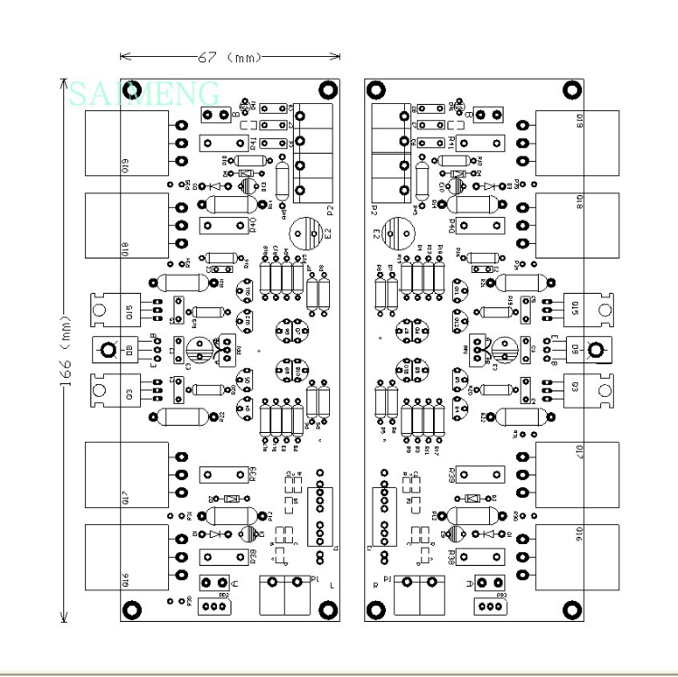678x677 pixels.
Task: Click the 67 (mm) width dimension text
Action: click(230, 58)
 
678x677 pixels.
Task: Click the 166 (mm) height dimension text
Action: click(65, 353)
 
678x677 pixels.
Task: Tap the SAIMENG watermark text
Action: click(145, 92)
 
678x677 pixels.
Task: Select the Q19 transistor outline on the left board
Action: click(127, 143)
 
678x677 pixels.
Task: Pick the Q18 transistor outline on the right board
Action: click(577, 224)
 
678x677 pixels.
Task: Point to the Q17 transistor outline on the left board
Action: click(127, 475)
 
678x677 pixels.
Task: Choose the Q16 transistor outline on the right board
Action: click(577, 557)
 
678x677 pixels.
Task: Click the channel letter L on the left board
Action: click(332, 587)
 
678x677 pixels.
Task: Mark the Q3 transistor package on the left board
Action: click(114, 390)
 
